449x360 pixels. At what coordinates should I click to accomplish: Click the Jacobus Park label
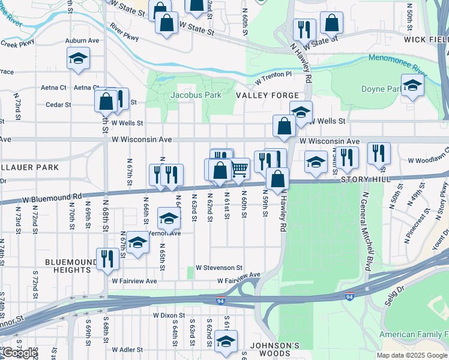tap(196, 95)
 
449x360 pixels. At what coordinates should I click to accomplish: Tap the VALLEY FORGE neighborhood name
tap(267, 96)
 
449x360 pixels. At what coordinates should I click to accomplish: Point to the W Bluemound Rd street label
tap(52, 196)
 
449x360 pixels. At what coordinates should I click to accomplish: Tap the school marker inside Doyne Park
tap(412, 86)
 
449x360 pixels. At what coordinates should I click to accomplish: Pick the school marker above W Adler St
tap(226, 341)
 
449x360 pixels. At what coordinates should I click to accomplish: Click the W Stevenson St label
tap(218, 268)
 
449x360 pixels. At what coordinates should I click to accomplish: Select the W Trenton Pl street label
tap(273, 77)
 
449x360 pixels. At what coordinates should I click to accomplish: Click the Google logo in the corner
tap(19, 353)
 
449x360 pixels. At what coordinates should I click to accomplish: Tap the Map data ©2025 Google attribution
tap(412, 355)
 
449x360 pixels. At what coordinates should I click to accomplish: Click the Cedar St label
tap(58, 104)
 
